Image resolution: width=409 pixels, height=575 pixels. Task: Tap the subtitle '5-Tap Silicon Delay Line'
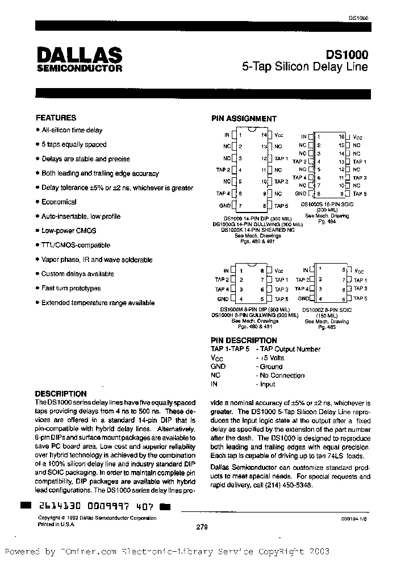(304, 66)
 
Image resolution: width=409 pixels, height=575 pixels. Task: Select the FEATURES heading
(56, 118)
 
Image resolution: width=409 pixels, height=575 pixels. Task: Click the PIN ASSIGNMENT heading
(244, 119)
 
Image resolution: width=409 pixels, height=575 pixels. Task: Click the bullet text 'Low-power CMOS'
(68, 231)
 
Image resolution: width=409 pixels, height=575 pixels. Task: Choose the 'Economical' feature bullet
(59, 202)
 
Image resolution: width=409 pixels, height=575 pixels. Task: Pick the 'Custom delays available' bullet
(77, 274)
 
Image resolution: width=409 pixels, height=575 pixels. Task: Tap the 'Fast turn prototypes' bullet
(70, 288)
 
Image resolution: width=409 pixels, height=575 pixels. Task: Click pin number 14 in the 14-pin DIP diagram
(264, 135)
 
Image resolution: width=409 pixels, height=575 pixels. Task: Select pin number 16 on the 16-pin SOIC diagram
(341, 137)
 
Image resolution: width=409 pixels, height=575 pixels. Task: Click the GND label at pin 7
(224, 205)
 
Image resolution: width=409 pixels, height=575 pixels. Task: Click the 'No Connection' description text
(281, 375)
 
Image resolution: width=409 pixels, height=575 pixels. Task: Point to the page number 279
(201, 527)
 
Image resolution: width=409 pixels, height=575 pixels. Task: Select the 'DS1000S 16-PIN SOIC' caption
(324, 204)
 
